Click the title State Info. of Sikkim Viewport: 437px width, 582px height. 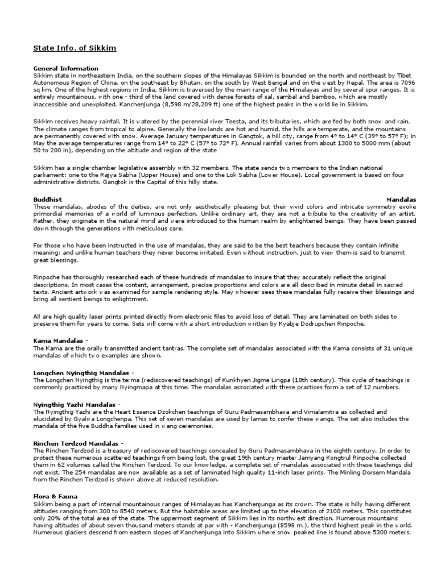point(74,48)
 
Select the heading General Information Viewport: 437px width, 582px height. point(65,68)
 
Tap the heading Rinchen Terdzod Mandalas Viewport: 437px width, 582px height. point(76,442)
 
